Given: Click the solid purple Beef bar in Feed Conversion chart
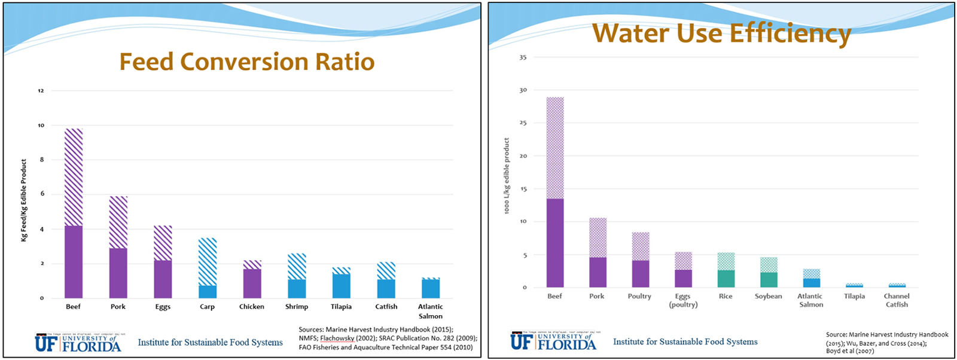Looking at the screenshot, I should coord(74,262).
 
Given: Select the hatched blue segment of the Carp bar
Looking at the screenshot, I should coord(208,261).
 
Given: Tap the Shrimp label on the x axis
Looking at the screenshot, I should coord(296,307).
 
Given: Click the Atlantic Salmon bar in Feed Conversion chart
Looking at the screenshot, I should coord(431,289).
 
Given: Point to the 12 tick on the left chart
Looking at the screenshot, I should coord(41,91).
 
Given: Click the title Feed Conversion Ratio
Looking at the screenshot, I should coord(246,62).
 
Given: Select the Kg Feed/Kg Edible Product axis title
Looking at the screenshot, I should coord(24,200).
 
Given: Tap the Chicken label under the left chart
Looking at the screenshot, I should coord(252,307).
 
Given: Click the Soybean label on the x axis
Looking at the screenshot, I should coord(768,297).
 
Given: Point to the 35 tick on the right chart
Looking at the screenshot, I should coord(523,57).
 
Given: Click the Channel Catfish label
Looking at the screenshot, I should coord(897,300).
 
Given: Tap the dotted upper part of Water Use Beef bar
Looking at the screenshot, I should coord(555,148).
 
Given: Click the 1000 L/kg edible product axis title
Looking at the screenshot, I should coord(507,176).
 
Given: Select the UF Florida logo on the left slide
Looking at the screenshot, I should coord(78,343).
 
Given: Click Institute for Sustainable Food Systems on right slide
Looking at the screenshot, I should coord(685,342).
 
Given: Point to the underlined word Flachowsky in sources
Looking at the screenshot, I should coord(337,338).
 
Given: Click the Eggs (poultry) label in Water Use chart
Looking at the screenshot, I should coord(683,300).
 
